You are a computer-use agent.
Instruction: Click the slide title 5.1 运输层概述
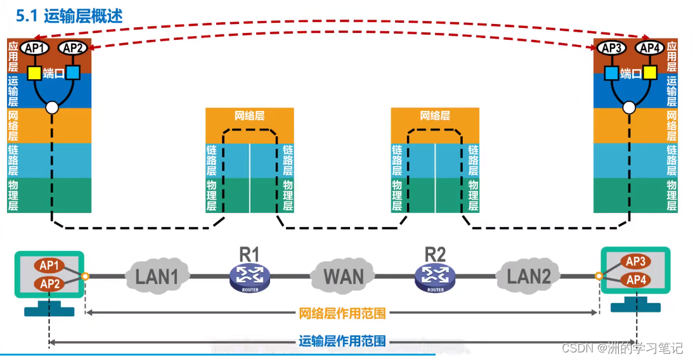(69, 16)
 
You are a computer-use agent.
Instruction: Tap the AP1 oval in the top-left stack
(35, 48)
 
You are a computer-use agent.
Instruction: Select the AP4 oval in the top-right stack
(650, 48)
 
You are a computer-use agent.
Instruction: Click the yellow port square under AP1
(34, 74)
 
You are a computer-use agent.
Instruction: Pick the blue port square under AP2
(73, 72)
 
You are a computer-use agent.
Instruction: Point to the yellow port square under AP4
(650, 72)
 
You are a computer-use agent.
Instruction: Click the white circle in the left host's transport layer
(52, 107)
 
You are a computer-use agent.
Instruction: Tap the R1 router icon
(250, 278)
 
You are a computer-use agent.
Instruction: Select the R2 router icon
(435, 278)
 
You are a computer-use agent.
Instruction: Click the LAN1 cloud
(157, 276)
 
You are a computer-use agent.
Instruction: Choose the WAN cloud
(344, 276)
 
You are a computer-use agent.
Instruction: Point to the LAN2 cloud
(528, 276)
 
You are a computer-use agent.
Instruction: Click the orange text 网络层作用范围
(342, 314)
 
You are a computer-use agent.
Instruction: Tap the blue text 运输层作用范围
(342, 341)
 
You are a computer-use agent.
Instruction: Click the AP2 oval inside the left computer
(49, 283)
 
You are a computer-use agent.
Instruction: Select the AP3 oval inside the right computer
(635, 262)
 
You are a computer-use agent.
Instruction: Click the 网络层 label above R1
(250, 116)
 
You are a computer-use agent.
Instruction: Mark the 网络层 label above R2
(435, 116)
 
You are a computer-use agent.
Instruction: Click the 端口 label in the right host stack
(631, 74)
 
